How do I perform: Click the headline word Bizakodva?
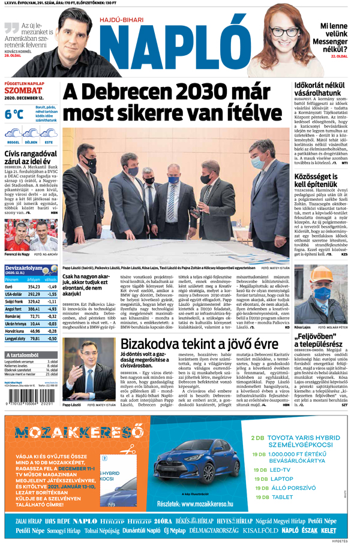click(150, 344)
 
